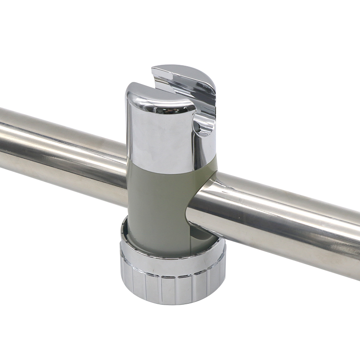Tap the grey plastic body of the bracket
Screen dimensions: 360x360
[157, 202]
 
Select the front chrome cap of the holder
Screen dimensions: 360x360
[157, 135]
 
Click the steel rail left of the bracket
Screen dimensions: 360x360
[58, 144]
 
